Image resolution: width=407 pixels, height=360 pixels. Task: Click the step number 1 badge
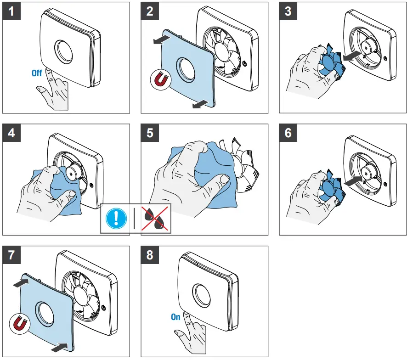coord(11,11)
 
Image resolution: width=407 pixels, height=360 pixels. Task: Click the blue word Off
coord(37,73)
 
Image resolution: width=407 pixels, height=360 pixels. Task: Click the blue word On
coord(175,317)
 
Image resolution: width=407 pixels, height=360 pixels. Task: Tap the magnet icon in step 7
coord(18,325)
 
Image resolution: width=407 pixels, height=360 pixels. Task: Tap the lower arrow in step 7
coord(59,347)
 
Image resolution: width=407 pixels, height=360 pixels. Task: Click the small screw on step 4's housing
coord(92,186)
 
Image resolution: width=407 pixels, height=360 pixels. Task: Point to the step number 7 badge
coord(11,255)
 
